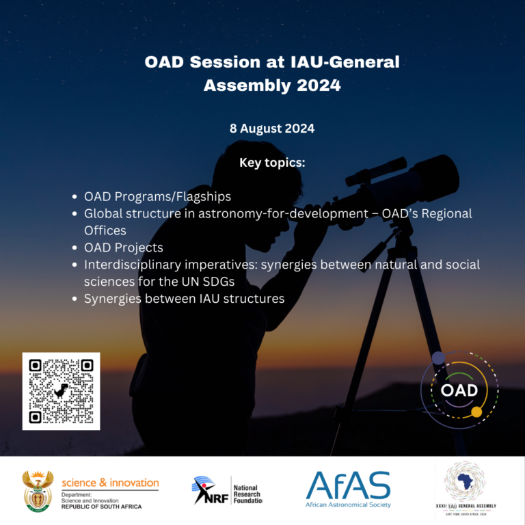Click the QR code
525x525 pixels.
(61, 391)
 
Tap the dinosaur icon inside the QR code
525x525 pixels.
(62, 391)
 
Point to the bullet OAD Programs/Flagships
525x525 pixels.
(157, 196)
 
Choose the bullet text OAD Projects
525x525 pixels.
(123, 247)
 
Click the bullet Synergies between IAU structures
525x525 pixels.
(184, 299)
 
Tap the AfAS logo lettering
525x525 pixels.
(348, 485)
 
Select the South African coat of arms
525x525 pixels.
(38, 490)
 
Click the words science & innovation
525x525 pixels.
(110, 483)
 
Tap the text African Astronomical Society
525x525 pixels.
(349, 504)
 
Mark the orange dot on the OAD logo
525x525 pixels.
(476, 411)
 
